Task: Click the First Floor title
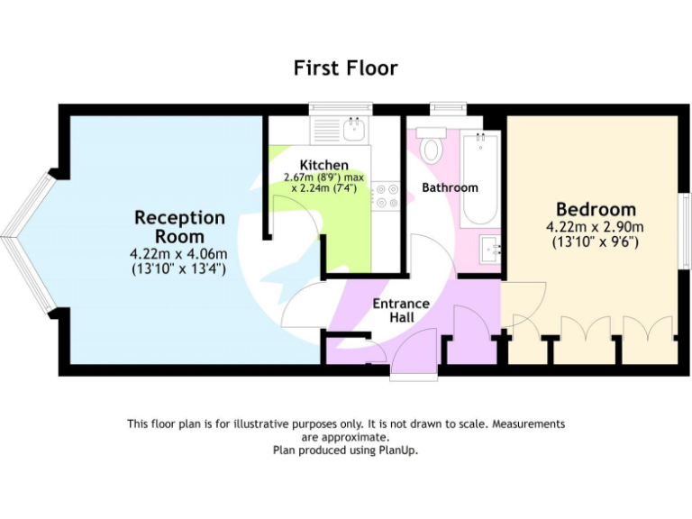tap(345, 68)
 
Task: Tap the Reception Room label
tap(179, 226)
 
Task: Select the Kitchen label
tap(324, 165)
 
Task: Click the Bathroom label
tap(450, 187)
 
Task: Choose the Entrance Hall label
tap(401, 311)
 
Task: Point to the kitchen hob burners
tap(387, 196)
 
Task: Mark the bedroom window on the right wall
tap(685, 230)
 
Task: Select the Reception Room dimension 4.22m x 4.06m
tap(178, 254)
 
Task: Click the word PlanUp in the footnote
tap(400, 450)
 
